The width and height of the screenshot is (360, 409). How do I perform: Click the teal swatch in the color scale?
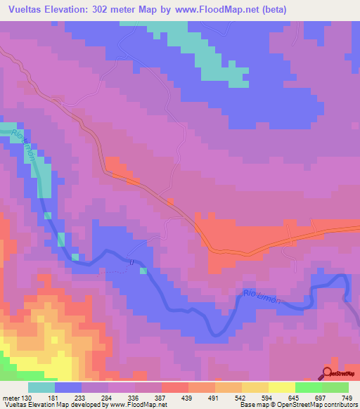coord(41,387)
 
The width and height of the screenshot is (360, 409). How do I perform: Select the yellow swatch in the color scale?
coord(282,387)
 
